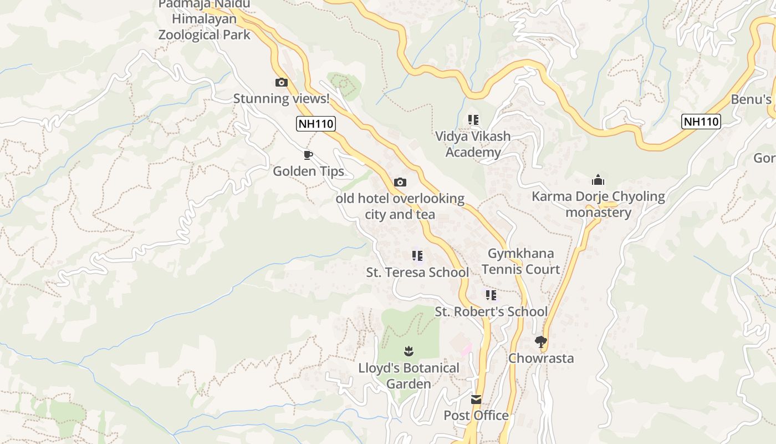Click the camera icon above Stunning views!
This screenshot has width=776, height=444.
click(x=282, y=83)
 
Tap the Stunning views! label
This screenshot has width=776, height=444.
click(x=281, y=99)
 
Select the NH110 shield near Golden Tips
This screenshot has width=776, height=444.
click(x=316, y=123)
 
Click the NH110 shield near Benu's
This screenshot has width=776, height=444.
click(x=701, y=122)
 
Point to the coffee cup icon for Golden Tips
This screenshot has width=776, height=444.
click(x=308, y=155)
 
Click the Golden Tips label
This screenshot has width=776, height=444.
click(x=308, y=171)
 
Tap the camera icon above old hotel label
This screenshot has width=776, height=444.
click(x=400, y=182)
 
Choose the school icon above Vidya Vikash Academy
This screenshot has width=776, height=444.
click(x=473, y=119)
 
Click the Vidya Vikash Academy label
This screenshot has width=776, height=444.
click(x=473, y=144)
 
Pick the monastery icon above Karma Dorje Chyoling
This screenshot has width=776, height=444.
click(x=598, y=180)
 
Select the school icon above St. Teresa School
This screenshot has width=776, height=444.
click(x=417, y=256)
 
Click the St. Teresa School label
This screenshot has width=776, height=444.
click(x=417, y=273)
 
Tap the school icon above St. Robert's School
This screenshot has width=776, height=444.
click(x=491, y=295)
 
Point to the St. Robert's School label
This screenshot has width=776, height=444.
click(x=491, y=312)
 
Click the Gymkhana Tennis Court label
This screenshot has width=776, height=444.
click(x=520, y=261)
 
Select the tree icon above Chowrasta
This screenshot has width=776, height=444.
click(x=541, y=341)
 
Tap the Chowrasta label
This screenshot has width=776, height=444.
click(x=541, y=358)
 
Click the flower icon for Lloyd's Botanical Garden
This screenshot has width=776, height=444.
click(x=409, y=351)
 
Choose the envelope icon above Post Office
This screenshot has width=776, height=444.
click(x=476, y=400)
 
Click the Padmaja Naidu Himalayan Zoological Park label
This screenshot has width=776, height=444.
click(x=204, y=19)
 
